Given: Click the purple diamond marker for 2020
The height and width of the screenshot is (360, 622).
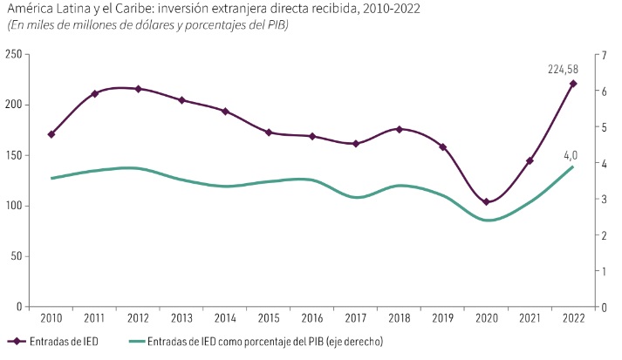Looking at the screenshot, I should tap(486, 201).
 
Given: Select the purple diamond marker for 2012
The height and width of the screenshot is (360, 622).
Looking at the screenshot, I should tap(139, 89).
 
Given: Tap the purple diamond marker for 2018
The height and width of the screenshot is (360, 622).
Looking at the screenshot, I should tap(400, 129).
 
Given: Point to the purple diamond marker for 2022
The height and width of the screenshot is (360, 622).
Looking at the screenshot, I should tap(573, 84).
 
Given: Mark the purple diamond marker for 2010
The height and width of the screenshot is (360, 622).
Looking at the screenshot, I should tap(51, 134).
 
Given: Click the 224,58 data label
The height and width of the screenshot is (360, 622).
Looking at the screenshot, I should tap(563, 70).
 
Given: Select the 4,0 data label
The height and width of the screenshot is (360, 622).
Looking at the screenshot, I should tap(571, 155).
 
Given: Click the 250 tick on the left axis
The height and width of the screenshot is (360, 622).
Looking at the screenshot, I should tap(13, 54).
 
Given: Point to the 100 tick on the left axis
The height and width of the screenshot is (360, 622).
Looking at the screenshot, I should tap(13, 206).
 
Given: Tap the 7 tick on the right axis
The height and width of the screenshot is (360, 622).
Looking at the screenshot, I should tap(604, 54).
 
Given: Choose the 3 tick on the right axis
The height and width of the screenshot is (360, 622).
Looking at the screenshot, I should tap(604, 199).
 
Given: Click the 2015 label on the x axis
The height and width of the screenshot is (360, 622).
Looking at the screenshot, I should tap(269, 318).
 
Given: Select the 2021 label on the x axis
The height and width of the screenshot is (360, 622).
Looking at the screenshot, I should tap(530, 318).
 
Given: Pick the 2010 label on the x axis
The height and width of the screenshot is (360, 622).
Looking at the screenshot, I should tap(51, 318).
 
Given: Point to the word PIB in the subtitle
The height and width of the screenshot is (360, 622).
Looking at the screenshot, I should tap(277, 24).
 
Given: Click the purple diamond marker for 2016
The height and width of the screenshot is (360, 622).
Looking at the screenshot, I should tap(312, 137).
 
